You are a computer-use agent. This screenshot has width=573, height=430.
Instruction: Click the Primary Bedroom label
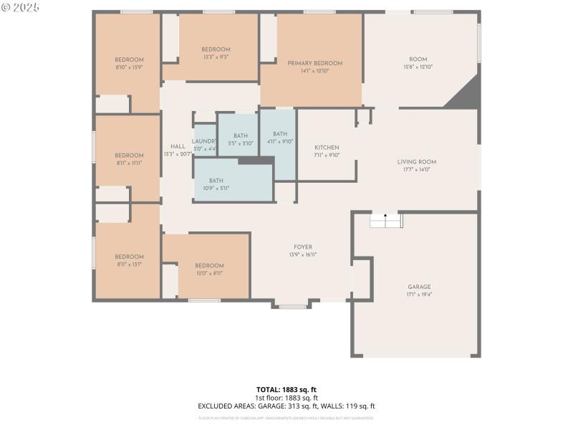click(x=315, y=63)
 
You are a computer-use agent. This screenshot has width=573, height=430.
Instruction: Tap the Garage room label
click(x=420, y=287)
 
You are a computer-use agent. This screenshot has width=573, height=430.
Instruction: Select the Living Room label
click(x=417, y=162)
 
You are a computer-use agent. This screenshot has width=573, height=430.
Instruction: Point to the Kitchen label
click(x=327, y=148)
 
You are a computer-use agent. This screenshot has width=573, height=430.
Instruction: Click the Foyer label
click(x=303, y=247)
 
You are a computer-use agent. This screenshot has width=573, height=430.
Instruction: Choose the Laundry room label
click(x=205, y=141)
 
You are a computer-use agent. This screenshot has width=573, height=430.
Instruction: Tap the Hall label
click(x=178, y=146)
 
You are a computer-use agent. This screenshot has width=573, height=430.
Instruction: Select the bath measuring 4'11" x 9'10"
click(x=279, y=134)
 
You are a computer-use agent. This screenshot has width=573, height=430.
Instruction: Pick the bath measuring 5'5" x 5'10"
click(x=240, y=136)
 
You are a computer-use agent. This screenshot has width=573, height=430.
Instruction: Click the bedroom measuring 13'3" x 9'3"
click(x=216, y=49)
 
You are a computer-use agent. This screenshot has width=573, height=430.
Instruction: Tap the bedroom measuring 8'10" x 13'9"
click(x=129, y=59)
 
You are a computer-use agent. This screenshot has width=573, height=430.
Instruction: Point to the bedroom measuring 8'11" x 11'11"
click(x=129, y=156)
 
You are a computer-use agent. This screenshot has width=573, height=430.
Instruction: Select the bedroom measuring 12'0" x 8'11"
click(x=209, y=265)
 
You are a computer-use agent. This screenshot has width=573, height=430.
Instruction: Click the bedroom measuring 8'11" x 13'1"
click(x=129, y=257)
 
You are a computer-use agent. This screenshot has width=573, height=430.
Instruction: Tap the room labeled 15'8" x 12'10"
click(x=418, y=59)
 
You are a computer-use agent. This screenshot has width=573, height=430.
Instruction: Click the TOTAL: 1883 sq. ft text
click(x=286, y=390)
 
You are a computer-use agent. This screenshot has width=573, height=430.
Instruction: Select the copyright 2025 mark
click(x=20, y=7)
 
